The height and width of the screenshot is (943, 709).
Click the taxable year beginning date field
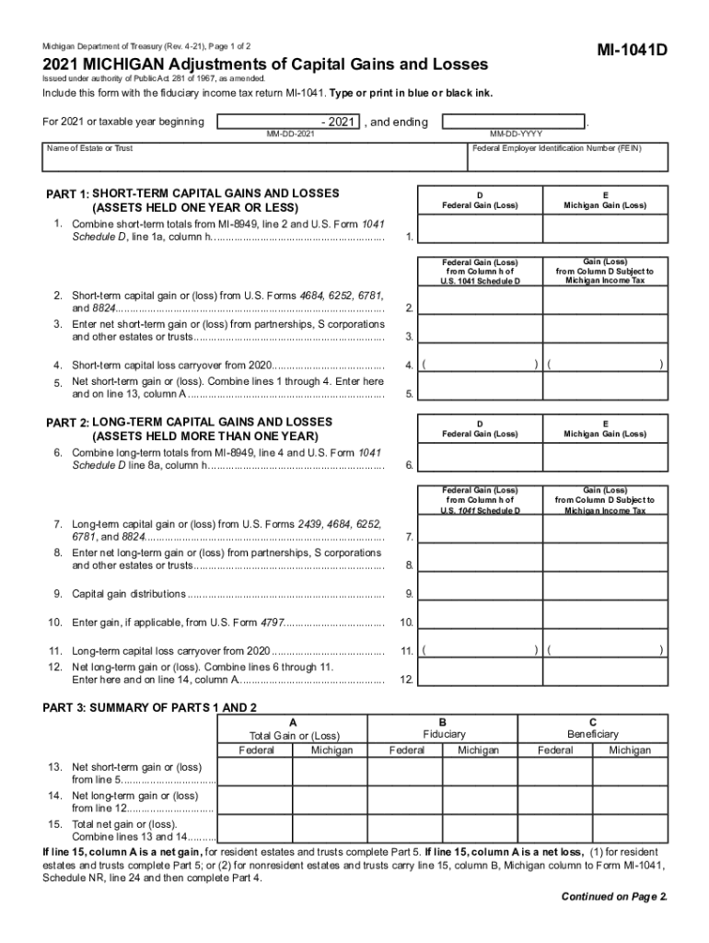point(288,122)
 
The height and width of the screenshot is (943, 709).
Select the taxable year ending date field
point(514,122)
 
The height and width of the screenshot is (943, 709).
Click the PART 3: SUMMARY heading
point(150,706)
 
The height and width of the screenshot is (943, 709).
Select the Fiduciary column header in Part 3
point(444,734)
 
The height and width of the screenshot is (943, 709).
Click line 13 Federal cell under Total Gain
point(256,773)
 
